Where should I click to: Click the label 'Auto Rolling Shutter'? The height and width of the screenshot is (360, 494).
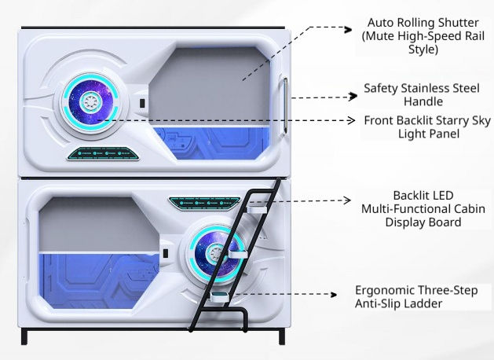tap(423, 23)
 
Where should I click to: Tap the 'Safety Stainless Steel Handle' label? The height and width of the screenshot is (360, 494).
tap(422, 94)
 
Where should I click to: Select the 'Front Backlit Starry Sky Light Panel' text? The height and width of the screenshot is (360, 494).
tap(427, 127)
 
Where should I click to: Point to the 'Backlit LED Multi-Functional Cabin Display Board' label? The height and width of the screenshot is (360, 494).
tap(423, 208)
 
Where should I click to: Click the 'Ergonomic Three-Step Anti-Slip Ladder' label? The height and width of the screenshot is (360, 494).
tap(416, 296)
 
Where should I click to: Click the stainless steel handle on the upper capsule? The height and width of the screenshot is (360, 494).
tap(285, 105)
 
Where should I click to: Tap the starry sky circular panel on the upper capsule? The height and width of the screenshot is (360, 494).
tap(91, 102)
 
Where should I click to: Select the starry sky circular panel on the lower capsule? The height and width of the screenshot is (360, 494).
tap(217, 253)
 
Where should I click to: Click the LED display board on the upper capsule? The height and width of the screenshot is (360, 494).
tap(104, 153)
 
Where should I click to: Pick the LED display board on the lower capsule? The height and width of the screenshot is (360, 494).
tap(205, 203)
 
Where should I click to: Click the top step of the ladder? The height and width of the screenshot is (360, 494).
tap(257, 209)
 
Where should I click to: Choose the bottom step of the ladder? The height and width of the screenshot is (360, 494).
tap(220, 296)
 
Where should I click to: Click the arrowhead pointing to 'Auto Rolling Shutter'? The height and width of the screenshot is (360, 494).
tap(348, 30)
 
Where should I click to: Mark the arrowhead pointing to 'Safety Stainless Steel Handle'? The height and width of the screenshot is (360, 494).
tap(353, 96)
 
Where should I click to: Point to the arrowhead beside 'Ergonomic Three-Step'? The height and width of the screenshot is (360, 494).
tap(333, 295)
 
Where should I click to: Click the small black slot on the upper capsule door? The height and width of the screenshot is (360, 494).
tap(142, 103)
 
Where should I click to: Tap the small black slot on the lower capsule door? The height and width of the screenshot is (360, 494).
tap(166, 253)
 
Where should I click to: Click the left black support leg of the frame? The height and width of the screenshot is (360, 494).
tap(24, 336)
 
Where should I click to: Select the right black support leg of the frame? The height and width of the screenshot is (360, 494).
tap(282, 336)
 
